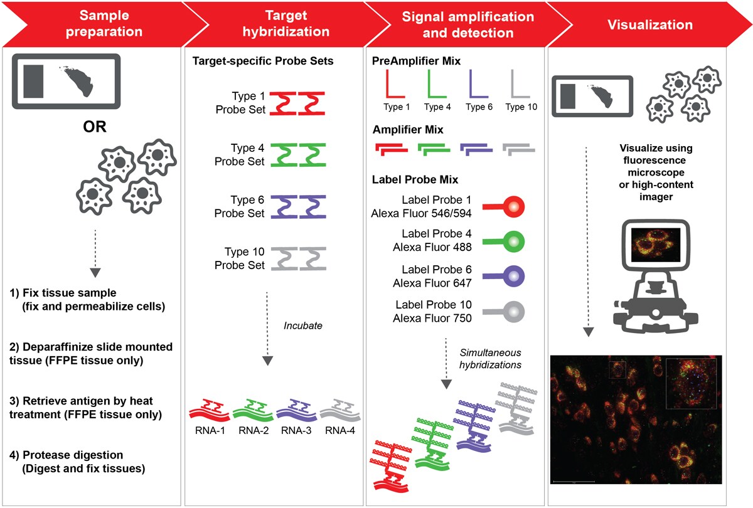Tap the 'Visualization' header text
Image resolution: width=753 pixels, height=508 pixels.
[x=649, y=25]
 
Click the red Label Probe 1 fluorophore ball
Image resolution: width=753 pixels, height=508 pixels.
[x=514, y=206]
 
